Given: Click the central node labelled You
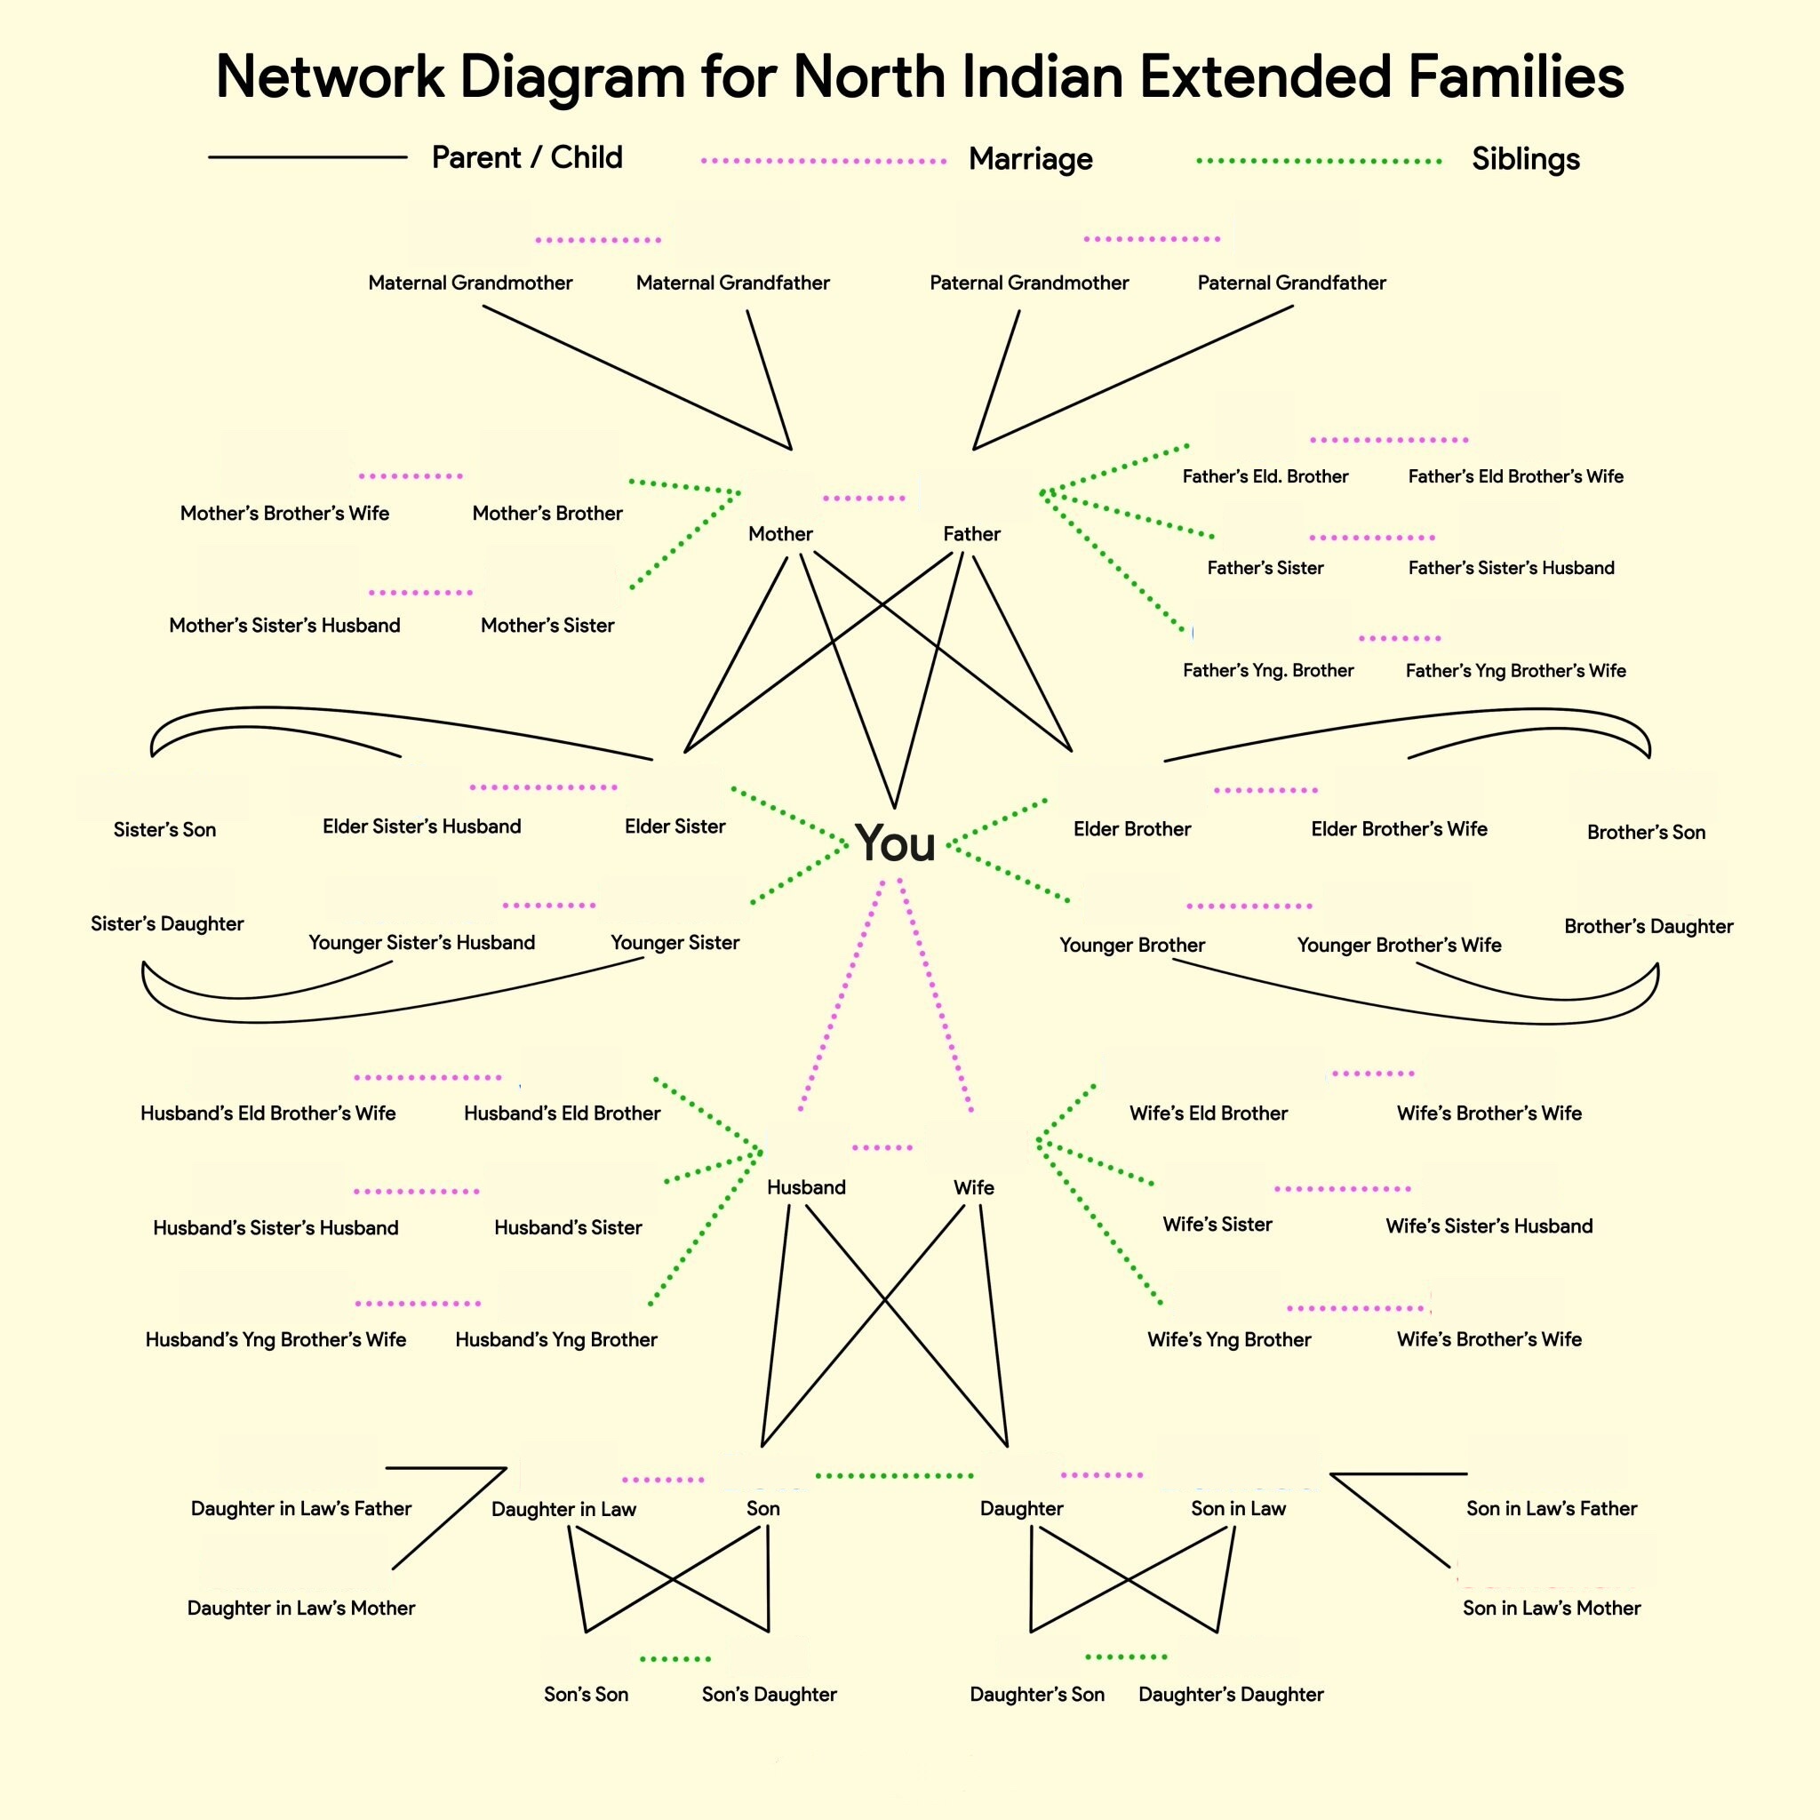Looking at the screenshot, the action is coord(895,843).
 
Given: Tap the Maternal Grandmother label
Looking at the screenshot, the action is coord(470,283).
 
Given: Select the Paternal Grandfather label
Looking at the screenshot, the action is coord(1291,283).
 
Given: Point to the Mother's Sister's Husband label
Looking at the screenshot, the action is coord(284,626).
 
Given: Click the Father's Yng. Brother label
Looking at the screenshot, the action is coord(1268,671).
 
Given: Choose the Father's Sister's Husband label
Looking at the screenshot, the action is coord(1511,568).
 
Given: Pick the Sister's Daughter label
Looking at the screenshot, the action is coord(167,924).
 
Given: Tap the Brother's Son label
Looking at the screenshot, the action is coord(1646,832).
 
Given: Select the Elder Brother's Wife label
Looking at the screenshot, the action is coord(1399,829).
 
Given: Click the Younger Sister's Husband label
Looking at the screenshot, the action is coord(421,943).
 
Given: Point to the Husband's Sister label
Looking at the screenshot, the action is coord(568,1227).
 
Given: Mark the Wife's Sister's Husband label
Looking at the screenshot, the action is coord(1489,1225).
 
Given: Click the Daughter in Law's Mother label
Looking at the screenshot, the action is coord(300,1608).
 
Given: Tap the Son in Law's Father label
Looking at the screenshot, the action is coord(1552,1508).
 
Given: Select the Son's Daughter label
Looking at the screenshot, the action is coord(769,1695).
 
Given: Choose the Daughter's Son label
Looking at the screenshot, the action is coord(1037,1695).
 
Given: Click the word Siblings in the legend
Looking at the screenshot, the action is coord(1525,159).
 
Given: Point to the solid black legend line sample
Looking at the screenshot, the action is coord(307,157).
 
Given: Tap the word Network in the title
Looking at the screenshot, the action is coord(330,76).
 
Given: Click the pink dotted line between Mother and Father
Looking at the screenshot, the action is coord(864,499).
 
